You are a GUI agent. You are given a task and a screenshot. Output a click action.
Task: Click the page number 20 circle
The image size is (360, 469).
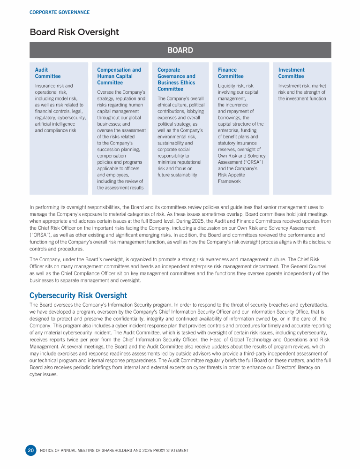[x=30, y=450]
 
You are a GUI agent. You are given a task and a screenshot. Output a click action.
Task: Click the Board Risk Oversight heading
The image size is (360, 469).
[x=74, y=32]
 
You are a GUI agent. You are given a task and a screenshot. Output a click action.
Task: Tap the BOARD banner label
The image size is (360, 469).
[x=180, y=50]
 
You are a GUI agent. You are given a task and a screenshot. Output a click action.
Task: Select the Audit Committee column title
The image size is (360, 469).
[x=48, y=73]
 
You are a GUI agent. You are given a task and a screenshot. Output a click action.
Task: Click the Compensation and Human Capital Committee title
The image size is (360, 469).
[x=119, y=76]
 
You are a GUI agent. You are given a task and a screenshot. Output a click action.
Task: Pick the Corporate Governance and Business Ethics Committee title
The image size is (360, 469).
[x=176, y=79]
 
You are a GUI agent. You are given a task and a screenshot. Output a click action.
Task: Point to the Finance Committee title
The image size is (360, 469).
[x=231, y=73]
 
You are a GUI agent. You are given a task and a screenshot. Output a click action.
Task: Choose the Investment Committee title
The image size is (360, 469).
[x=291, y=73]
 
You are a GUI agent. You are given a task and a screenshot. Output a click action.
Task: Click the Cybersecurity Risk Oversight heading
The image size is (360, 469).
[x=78, y=295]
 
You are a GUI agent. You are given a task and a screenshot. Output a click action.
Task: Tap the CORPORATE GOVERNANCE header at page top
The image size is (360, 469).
[x=60, y=12]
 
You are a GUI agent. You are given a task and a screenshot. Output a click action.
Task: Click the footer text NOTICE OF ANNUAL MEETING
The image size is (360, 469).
[x=114, y=451]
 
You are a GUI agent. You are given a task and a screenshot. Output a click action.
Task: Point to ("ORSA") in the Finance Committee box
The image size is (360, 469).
[x=255, y=162]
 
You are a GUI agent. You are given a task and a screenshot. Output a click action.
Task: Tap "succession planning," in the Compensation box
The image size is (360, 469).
[x=120, y=149]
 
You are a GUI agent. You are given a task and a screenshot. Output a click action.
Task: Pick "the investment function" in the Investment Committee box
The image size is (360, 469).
[x=302, y=98]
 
